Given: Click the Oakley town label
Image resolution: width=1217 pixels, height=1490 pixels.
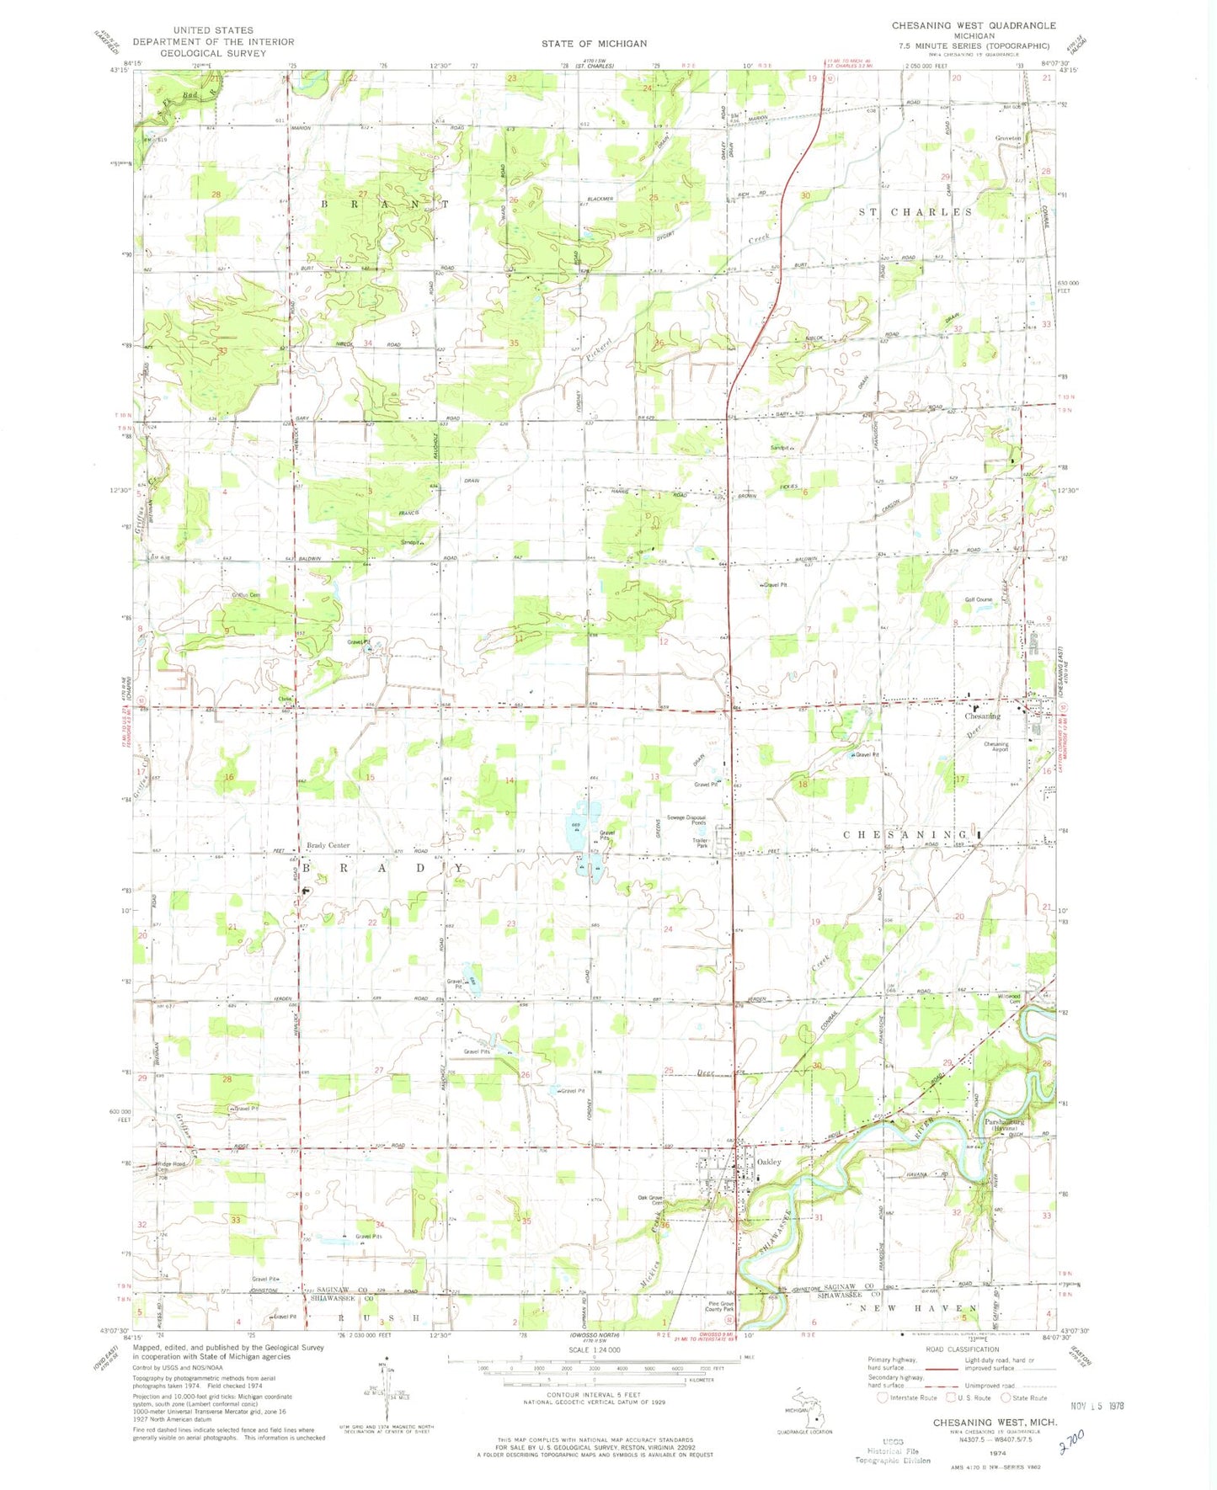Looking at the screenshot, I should click(x=769, y=1162).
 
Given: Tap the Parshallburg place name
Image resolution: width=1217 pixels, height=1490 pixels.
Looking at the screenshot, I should click(x=1004, y=1121).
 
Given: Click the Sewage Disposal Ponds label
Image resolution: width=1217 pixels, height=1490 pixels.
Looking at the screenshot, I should click(x=686, y=820).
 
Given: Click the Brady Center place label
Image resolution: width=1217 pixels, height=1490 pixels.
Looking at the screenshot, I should click(x=328, y=845).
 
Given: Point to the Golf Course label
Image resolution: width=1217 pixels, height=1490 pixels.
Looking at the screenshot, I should click(x=978, y=599).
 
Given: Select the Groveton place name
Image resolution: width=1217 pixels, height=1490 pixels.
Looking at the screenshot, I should click(x=1007, y=138).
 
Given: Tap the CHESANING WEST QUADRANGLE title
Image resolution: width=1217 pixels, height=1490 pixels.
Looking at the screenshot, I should click(x=974, y=26).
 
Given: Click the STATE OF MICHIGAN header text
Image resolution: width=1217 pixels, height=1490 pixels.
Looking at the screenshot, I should click(x=595, y=43).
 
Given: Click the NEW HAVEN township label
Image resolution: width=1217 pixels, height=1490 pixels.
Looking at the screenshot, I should click(x=918, y=1309).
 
